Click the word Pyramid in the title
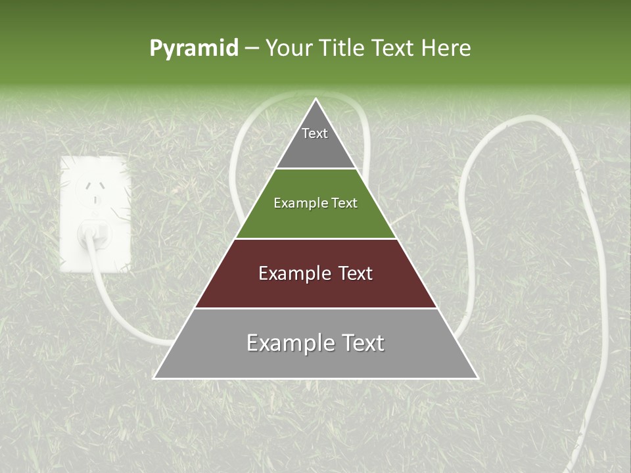pos(194,49)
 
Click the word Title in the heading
pos(342,48)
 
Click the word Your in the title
pos(289,48)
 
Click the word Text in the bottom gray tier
pos(362,343)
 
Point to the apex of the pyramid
pos(315,99)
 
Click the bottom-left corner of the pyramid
pos(154,378)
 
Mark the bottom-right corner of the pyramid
pos(477,378)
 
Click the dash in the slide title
pos(252,49)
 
